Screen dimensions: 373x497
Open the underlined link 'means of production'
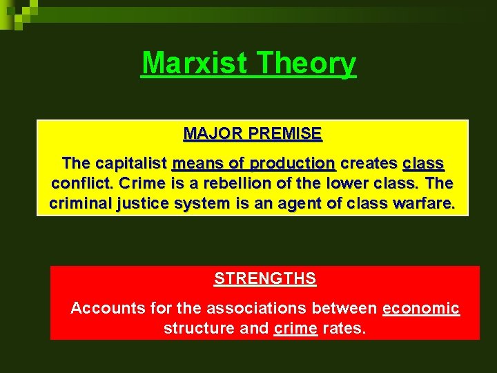[253, 164]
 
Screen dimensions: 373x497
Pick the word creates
[369, 164]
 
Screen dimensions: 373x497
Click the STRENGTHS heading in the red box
[265, 279]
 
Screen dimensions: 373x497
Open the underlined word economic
[420, 308]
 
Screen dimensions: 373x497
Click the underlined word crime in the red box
[295, 328]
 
